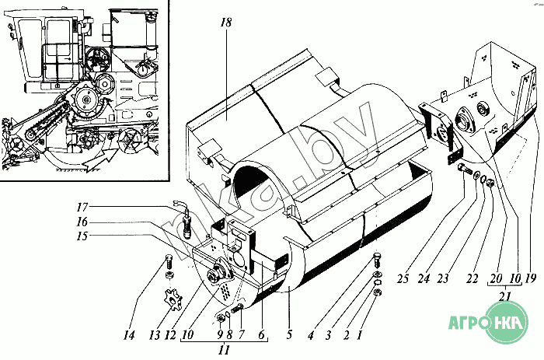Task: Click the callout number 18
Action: coord(226,23)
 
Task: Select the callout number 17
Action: coord(82,208)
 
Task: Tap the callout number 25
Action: coord(403,278)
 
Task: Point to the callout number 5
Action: coord(289,334)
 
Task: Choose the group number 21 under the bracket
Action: coord(505,296)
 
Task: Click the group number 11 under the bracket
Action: coord(225,350)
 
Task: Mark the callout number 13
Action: coord(155,335)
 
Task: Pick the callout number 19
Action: coord(531,278)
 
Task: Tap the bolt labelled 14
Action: coord(168,261)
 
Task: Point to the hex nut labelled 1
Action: coord(378,292)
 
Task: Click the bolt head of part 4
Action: coord(377,257)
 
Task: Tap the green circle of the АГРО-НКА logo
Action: coord(507,322)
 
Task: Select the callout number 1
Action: coord(359,335)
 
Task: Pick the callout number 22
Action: coord(473,278)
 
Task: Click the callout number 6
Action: coord(261,334)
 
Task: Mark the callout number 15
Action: coord(82,236)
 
